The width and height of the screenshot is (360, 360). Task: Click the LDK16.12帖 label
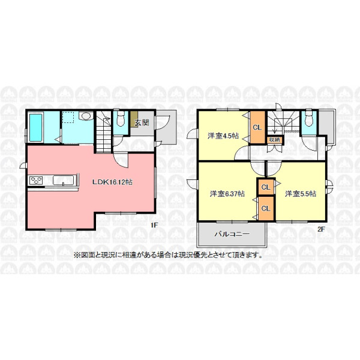pos(112,182)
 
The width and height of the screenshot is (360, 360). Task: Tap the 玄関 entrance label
pos(142,122)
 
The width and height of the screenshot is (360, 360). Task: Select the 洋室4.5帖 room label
pos(223,136)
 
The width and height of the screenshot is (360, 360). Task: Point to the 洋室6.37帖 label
pos(227,194)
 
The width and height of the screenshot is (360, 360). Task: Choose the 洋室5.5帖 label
pos(301,194)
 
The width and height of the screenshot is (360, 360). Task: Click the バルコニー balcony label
pos(232,234)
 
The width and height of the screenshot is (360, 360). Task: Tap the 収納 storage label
pos(274,139)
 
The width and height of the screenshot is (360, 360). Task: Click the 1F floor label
pos(154,225)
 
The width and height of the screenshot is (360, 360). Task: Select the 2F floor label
pos(321,229)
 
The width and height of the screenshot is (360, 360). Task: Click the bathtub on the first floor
pos(36,127)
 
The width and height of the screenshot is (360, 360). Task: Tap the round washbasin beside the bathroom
pos(86,116)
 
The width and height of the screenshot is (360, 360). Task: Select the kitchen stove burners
pos(36,180)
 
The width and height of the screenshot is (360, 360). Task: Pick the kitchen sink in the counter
pos(64,180)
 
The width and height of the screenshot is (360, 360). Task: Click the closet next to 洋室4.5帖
pos(257,127)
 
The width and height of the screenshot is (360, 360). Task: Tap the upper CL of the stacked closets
pos(266,187)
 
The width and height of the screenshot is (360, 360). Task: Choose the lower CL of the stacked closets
pos(266,208)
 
